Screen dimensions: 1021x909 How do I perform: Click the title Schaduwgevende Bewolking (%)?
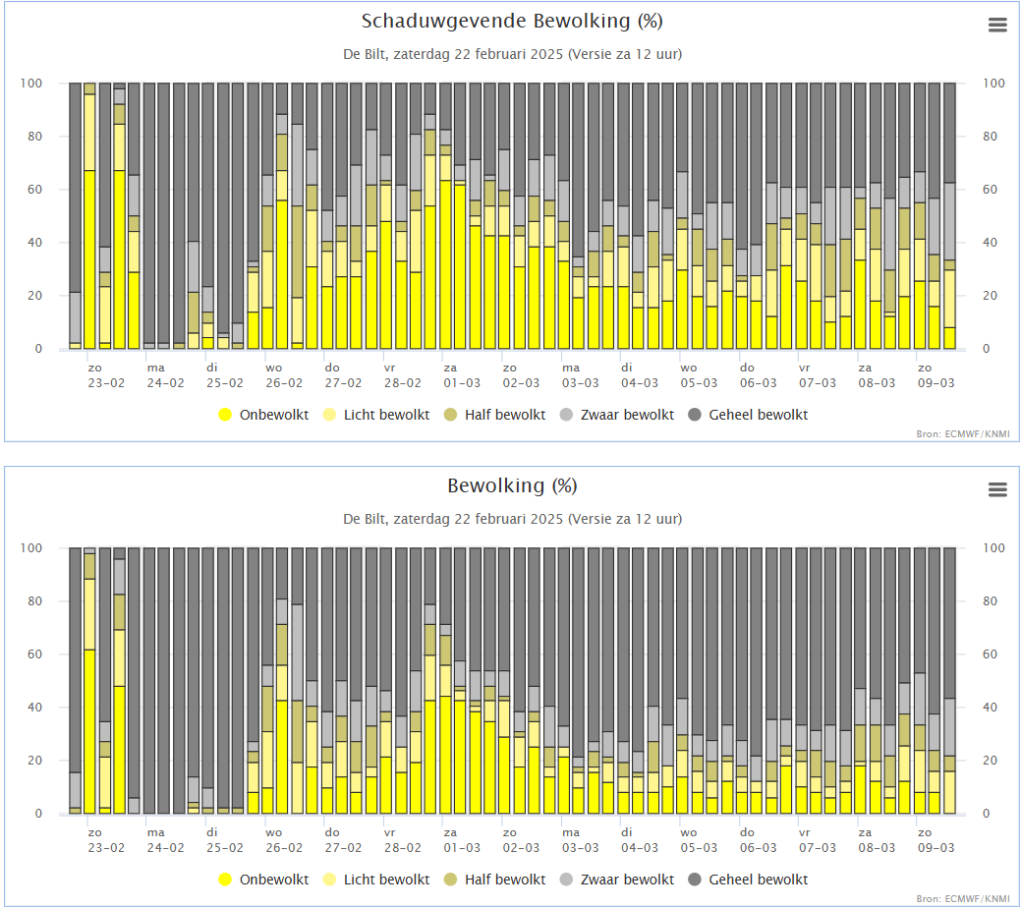coord(512,22)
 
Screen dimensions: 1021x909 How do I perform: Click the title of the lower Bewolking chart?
coord(512,485)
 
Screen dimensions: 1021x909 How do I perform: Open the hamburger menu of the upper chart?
coord(997,25)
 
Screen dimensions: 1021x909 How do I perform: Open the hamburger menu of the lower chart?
coord(997,489)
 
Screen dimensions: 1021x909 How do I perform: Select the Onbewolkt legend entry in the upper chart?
coord(263,415)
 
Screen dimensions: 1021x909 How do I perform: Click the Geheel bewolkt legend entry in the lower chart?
coord(748,880)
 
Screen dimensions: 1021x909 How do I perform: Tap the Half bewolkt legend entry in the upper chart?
coord(495,415)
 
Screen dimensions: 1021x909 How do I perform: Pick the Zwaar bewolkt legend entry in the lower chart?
coord(617,880)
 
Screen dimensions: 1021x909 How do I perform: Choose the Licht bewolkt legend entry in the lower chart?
coord(376,880)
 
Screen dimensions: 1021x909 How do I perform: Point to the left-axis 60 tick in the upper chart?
coord(34,190)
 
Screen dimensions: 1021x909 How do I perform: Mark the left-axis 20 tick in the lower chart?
coord(34,761)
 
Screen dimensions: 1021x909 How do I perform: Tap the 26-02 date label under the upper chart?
coord(284,383)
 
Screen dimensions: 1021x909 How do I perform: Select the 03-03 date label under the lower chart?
coord(580,848)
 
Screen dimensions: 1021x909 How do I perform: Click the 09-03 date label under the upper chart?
coord(936,383)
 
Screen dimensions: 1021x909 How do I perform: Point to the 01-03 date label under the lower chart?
coord(462,848)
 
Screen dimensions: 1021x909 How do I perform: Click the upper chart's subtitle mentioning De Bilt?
coord(512,54)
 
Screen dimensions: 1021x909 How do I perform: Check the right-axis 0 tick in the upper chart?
coord(986,349)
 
